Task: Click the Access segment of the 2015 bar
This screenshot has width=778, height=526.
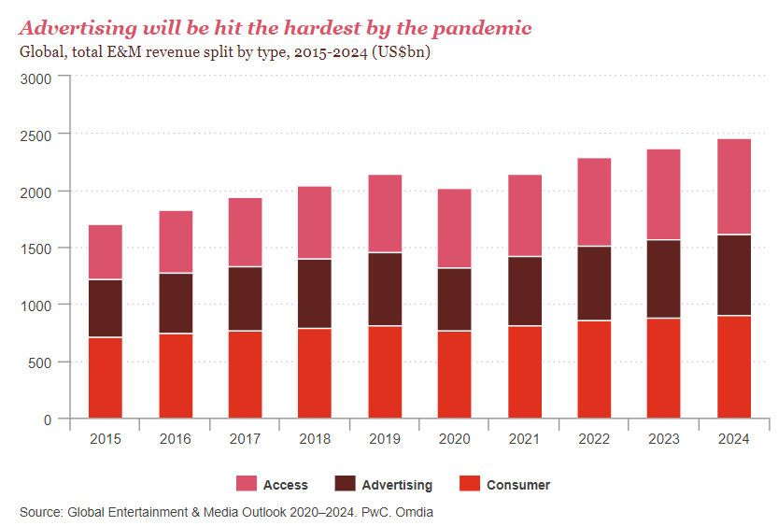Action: (106, 252)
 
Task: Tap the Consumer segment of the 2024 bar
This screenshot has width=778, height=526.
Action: (734, 366)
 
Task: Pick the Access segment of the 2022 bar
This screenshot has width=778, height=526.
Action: (594, 202)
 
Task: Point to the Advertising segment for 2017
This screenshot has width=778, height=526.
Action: (245, 298)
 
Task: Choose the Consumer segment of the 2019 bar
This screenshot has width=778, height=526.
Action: (385, 371)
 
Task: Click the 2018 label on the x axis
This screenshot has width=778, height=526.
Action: (315, 438)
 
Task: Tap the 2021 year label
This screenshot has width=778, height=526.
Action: (524, 438)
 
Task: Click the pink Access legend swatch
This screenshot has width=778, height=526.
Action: (246, 484)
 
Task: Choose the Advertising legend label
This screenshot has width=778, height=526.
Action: (397, 485)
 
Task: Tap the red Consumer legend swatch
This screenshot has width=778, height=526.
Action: (470, 484)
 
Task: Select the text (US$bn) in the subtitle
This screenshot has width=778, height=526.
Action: (401, 52)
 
